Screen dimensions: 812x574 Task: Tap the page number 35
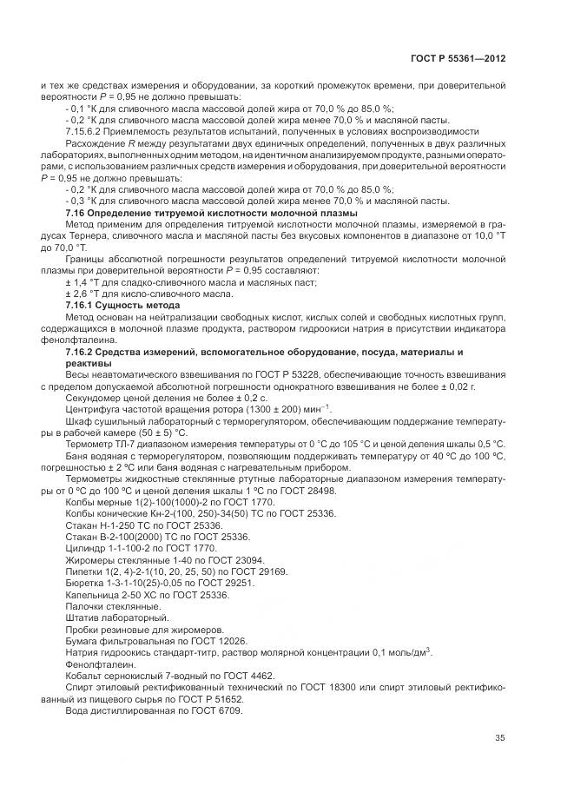click(500, 739)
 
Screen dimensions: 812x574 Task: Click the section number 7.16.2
click(84, 352)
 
